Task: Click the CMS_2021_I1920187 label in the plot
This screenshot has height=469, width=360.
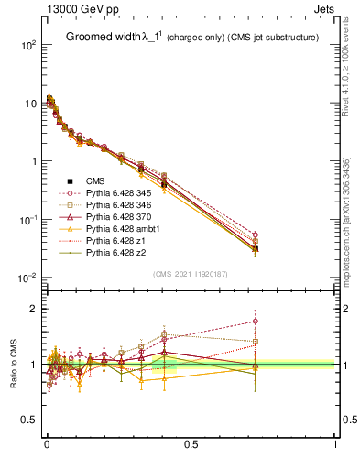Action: (191, 273)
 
